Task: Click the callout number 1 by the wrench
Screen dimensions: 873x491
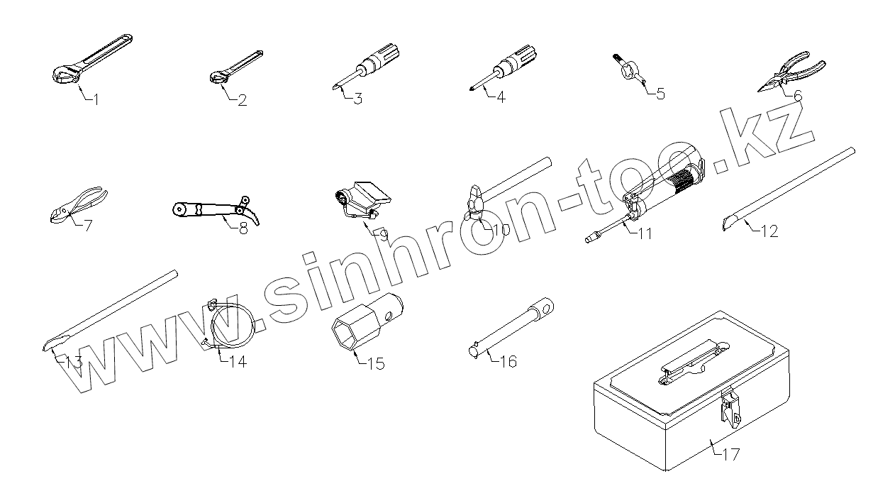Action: pos(96,99)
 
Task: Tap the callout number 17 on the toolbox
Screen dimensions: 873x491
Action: pos(730,455)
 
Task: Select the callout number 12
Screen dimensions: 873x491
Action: pos(769,231)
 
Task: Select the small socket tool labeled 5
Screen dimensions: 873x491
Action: pos(629,71)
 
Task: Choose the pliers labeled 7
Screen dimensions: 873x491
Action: pos(78,203)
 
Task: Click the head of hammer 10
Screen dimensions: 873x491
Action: pos(476,202)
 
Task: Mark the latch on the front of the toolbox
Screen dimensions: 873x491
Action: pos(730,411)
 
